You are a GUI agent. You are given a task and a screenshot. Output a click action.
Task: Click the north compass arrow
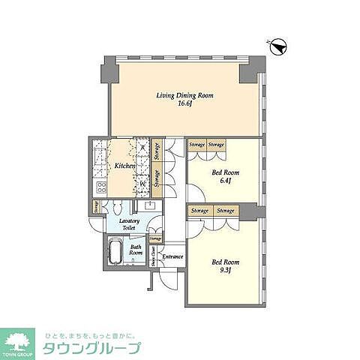point(278,46)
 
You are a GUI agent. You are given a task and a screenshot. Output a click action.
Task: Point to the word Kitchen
point(124,166)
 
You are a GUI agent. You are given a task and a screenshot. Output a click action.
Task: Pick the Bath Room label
point(136,250)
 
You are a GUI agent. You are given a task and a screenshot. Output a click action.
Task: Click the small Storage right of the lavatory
point(155,238)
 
